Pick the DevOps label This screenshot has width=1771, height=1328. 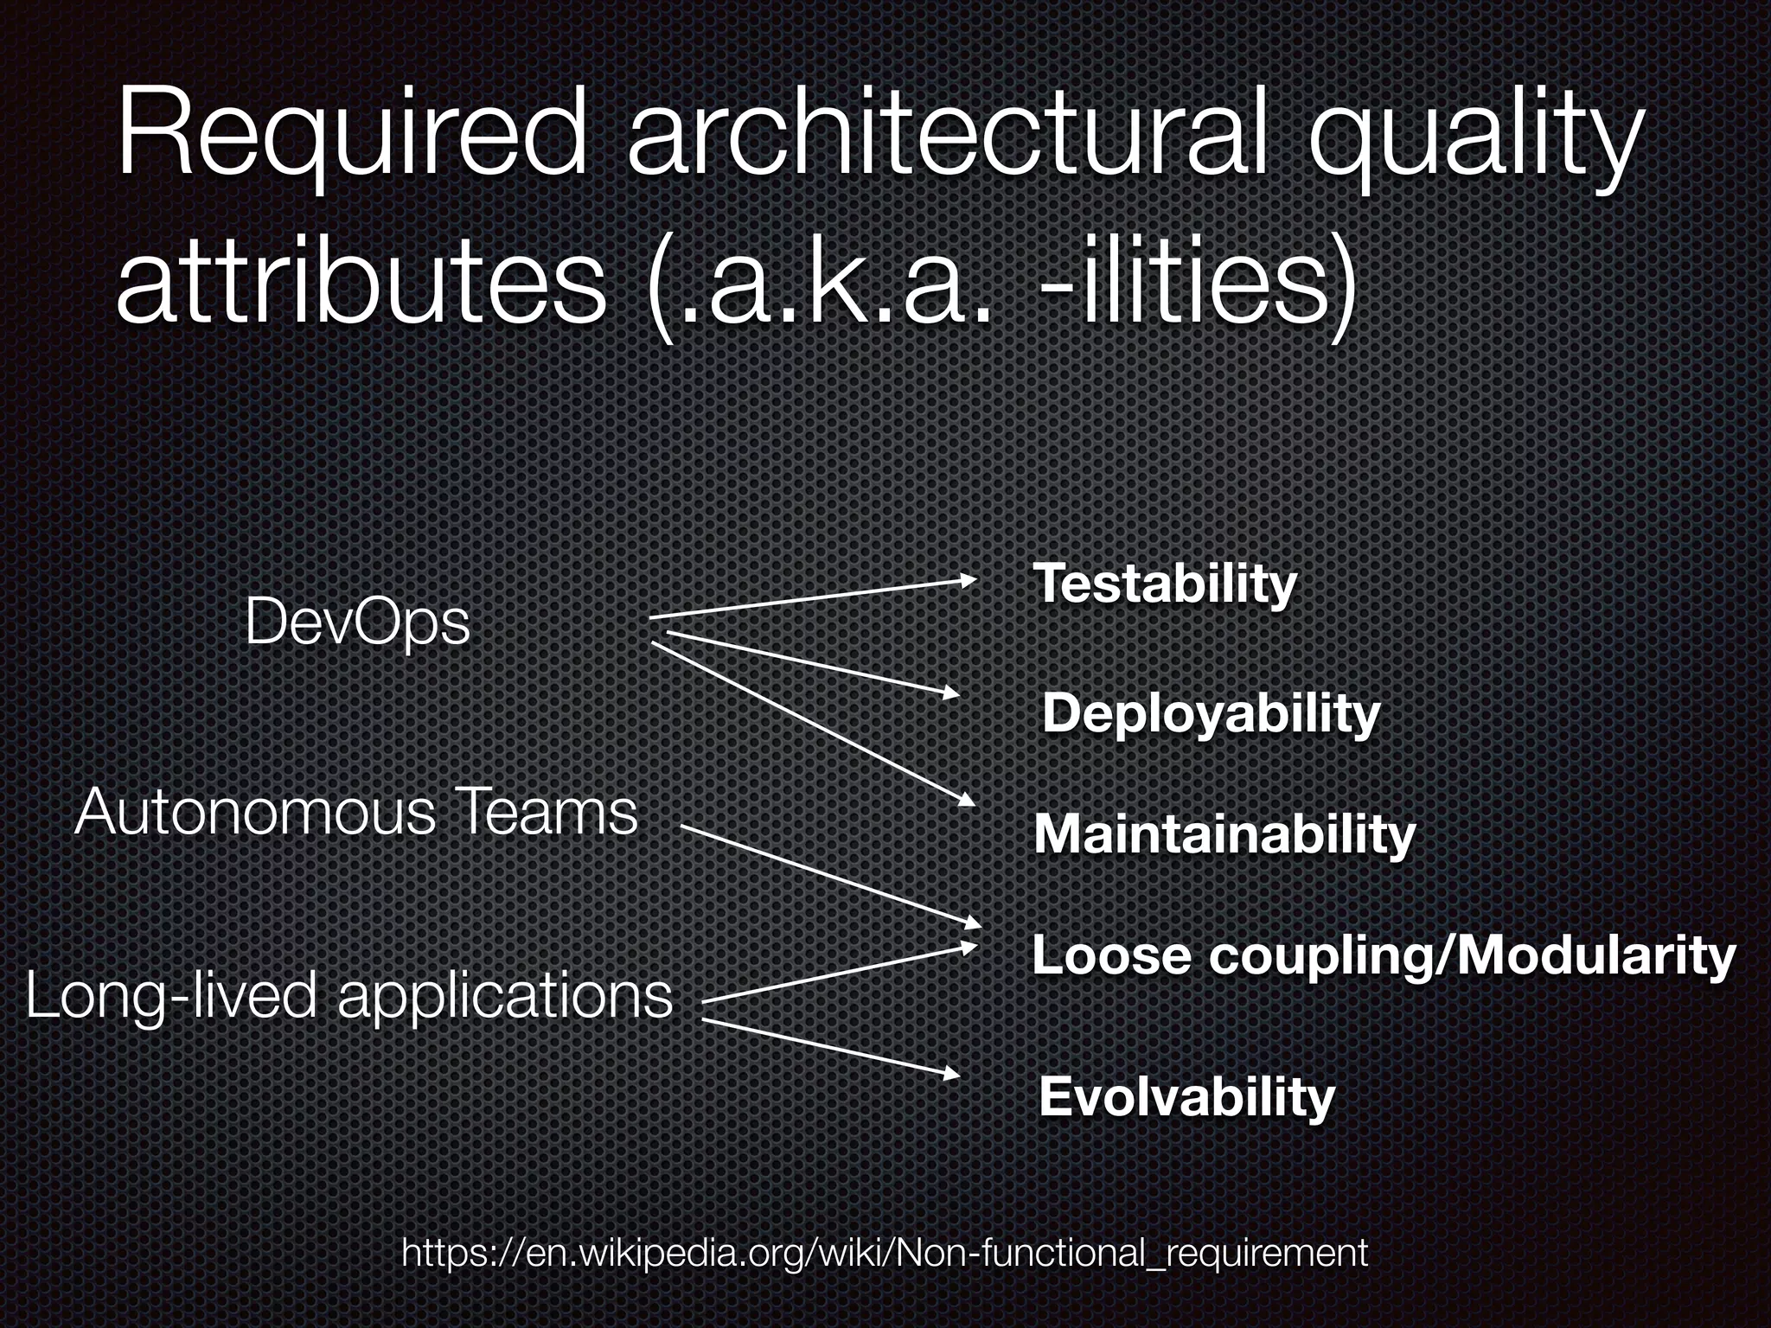click(x=357, y=622)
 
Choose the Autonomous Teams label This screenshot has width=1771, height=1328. click(x=355, y=813)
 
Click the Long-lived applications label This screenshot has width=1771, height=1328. click(x=348, y=995)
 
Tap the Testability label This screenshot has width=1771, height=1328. click(x=1165, y=584)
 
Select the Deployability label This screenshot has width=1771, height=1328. click(x=1211, y=714)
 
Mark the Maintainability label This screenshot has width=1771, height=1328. click(x=1224, y=834)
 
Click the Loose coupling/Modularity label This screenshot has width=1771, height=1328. click(x=1384, y=955)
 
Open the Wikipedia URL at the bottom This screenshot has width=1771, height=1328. click(x=885, y=1252)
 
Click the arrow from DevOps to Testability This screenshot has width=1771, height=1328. click(x=813, y=598)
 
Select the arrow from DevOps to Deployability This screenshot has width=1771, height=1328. click(x=813, y=664)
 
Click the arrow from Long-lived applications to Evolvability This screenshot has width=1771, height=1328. click(x=830, y=1048)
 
